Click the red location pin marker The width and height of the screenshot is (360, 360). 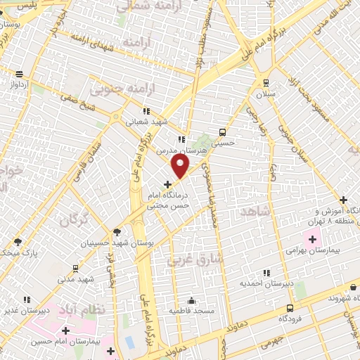[x=181, y=166]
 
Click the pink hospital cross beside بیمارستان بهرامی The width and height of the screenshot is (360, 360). [x=311, y=240]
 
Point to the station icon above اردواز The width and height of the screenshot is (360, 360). [x=19, y=74]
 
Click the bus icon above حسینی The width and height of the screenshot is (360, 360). [x=223, y=131]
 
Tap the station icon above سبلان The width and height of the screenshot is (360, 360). [x=265, y=82]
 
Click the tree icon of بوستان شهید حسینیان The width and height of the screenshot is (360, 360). [x=117, y=232]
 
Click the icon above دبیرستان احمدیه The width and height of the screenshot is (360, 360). [x=265, y=273]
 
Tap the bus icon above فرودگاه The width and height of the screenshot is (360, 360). [x=290, y=308]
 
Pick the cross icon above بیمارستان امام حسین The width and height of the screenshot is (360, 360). [x=66, y=330]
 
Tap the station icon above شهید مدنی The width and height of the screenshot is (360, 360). [x=75, y=269]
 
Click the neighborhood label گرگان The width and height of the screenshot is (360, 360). [x=75, y=221]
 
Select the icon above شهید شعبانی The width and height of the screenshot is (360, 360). [x=146, y=110]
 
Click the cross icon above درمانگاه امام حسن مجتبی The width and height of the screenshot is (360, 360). [x=167, y=184]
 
